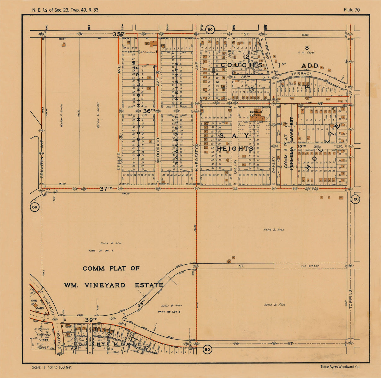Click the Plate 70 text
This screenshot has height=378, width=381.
point(351,10)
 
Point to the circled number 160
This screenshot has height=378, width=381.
point(355,199)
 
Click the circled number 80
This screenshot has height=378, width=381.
point(207,349)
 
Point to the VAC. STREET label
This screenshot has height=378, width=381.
point(310,266)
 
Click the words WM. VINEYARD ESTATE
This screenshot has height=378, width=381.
point(114,285)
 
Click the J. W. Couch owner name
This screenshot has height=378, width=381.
point(306,53)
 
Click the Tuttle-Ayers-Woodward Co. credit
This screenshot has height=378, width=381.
point(340,367)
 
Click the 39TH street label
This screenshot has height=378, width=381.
point(91,320)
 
